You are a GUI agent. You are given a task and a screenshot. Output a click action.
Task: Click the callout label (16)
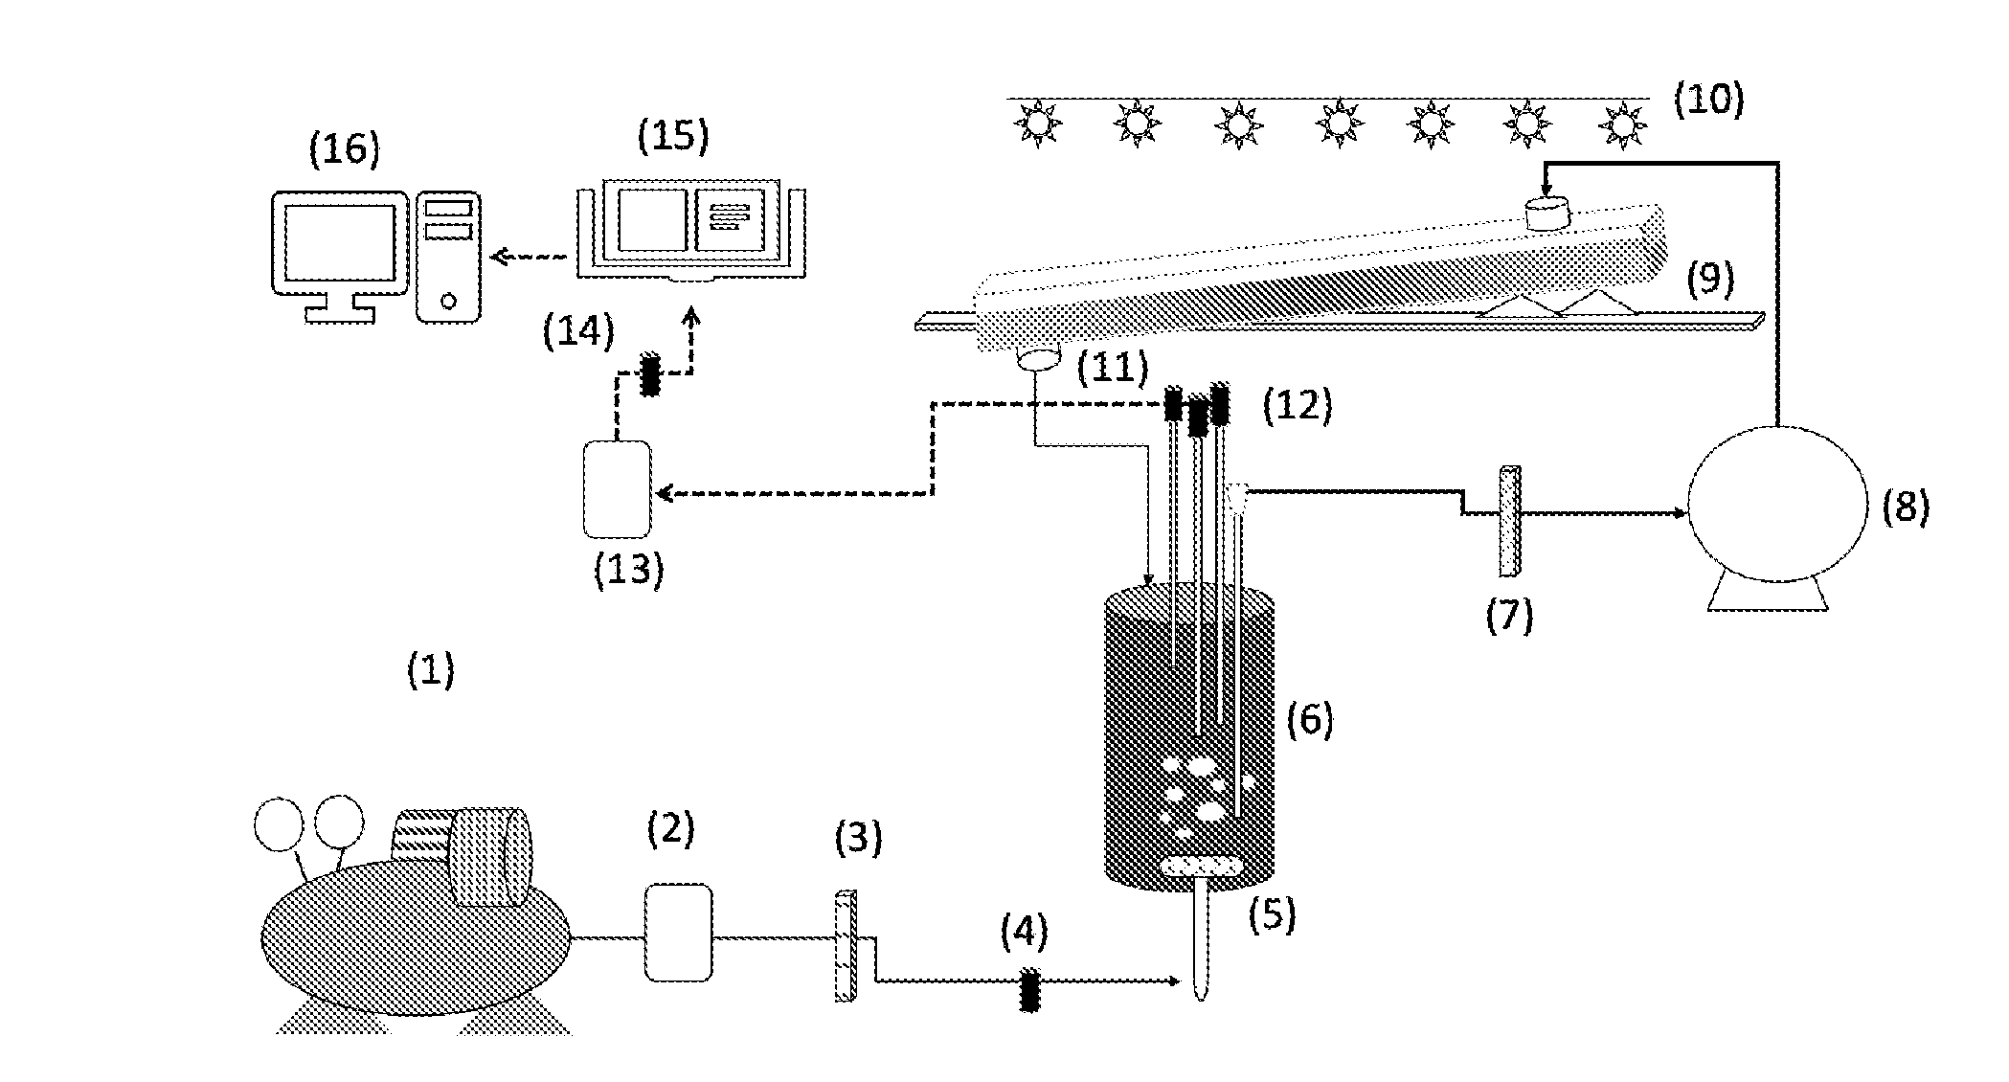pos(344,149)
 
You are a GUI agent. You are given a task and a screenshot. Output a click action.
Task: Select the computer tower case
pos(448,256)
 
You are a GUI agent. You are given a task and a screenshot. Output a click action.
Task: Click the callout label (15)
pos(673,136)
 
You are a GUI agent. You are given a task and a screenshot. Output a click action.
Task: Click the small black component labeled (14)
pos(651,374)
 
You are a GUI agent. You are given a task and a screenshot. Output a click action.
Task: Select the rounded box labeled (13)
pos(618,487)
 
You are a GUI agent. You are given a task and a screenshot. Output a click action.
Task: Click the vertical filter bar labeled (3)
pos(846,945)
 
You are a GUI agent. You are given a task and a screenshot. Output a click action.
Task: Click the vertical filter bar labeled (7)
pos(1510,521)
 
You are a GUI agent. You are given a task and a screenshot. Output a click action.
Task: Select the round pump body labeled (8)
pos(1777,504)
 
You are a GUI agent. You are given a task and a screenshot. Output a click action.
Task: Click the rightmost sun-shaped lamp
pos(1621,124)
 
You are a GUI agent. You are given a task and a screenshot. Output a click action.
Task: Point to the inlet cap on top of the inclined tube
pos(1547,213)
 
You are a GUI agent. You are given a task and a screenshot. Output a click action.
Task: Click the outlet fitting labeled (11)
pos(1039,359)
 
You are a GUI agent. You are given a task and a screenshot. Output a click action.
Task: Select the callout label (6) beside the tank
pos(1310,718)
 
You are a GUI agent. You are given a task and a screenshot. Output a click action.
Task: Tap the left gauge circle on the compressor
pos(279,824)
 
